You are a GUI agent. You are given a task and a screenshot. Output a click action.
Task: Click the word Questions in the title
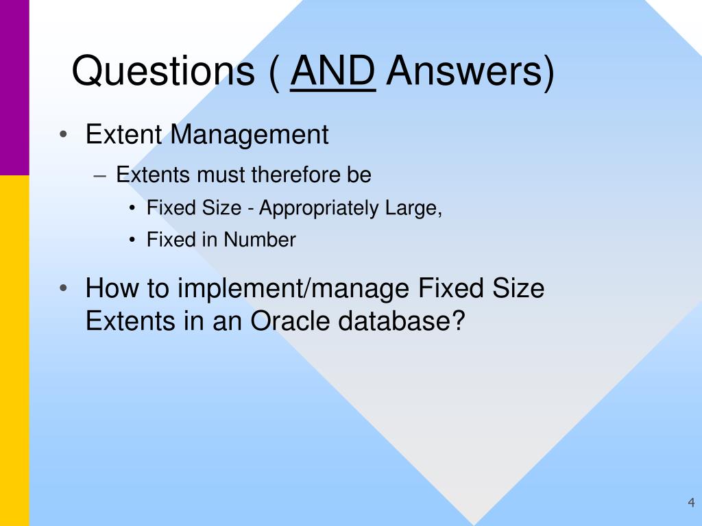tap(163, 71)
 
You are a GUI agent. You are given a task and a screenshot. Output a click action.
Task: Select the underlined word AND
tap(332, 71)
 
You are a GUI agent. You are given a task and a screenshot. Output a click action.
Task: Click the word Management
tap(250, 134)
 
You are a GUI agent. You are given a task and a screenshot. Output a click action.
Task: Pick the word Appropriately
tap(319, 209)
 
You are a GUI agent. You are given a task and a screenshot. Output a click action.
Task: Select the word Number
tap(259, 240)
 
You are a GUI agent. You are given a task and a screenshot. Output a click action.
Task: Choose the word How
tap(112, 288)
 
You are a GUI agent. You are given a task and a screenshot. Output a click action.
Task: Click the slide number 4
tap(691, 502)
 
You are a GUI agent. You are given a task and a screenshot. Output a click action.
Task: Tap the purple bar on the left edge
tap(14, 88)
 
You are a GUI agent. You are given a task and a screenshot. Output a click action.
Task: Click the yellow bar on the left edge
tap(14, 351)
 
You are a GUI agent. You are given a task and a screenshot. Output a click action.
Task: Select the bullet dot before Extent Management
tap(63, 134)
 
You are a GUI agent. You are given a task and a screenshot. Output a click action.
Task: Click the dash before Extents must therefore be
tap(100, 176)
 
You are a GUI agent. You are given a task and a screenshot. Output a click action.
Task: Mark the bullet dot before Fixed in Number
tap(132, 240)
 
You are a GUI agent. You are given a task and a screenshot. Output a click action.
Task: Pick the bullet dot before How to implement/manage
tap(63, 288)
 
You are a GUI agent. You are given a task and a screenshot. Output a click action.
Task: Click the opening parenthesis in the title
tap(274, 73)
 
